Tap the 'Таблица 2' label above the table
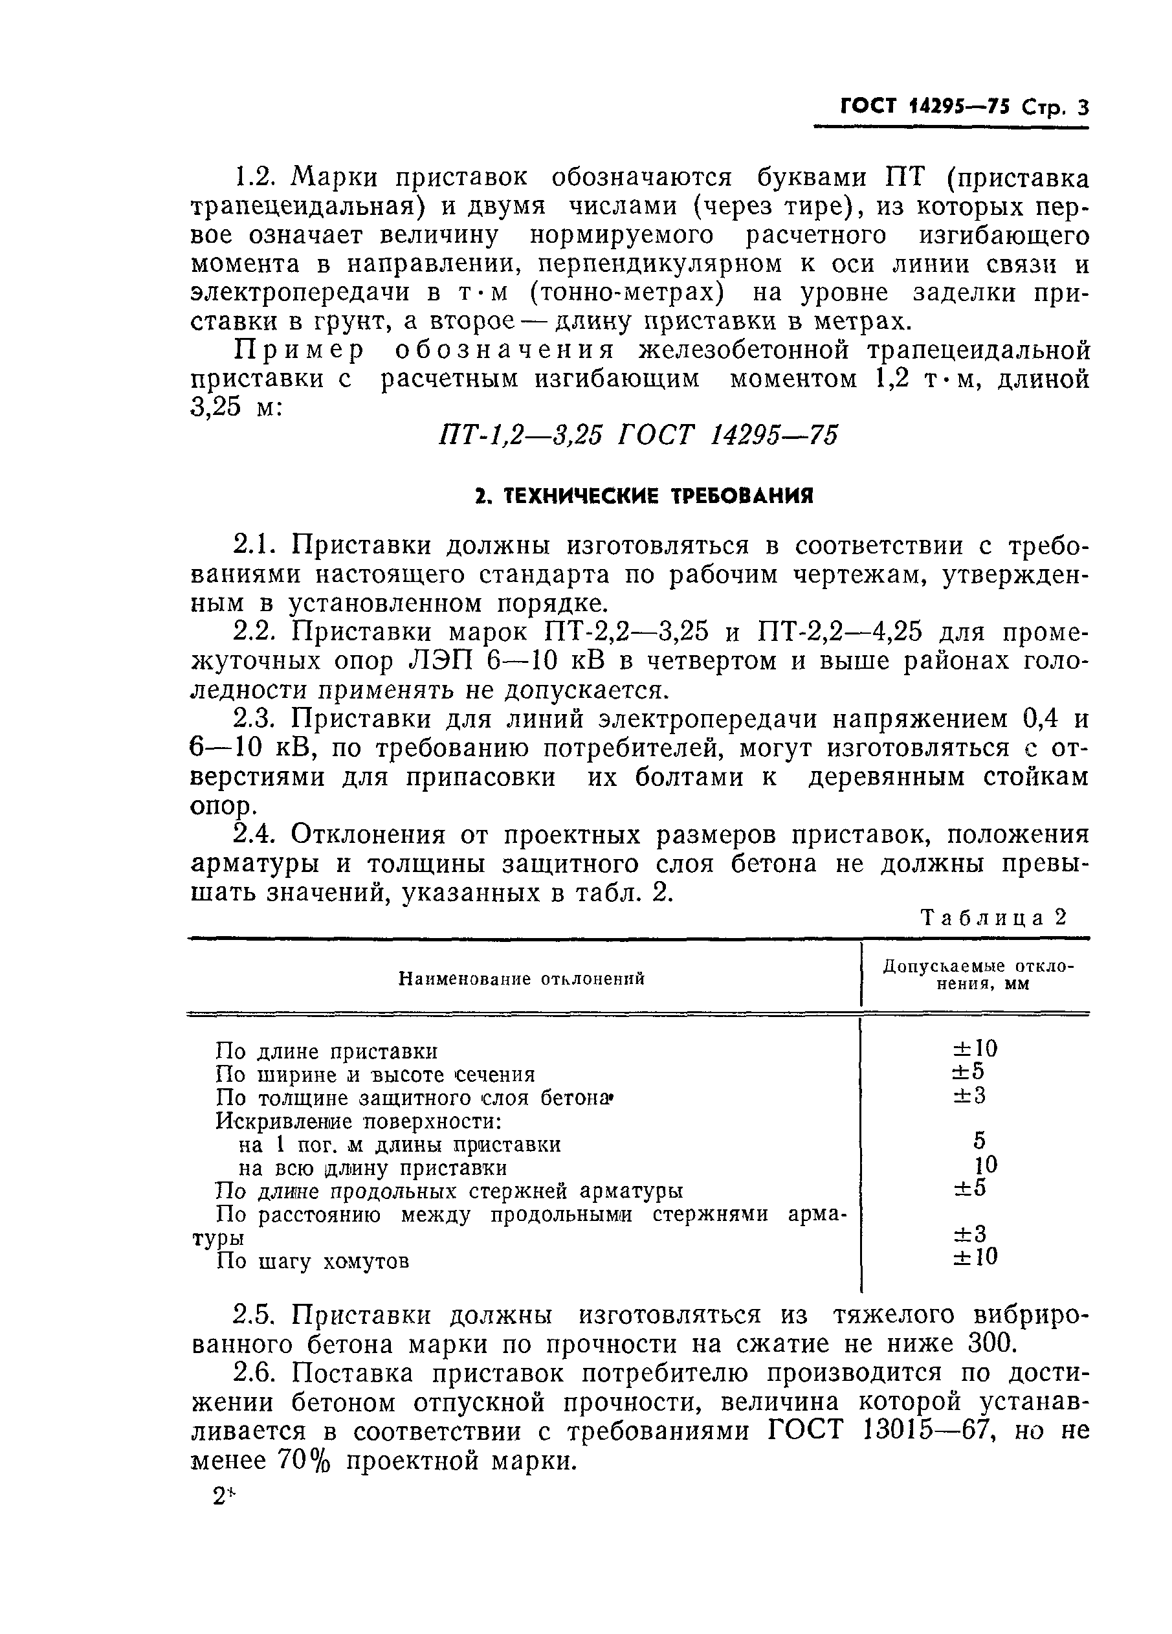994,918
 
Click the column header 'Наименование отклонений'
522,978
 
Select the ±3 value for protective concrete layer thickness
968,1095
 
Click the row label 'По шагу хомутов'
313,1262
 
